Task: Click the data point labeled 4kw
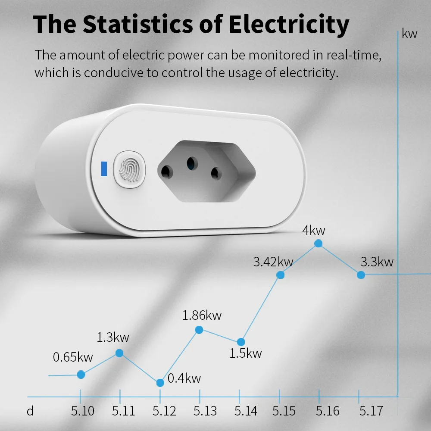pyautogui.click(x=319, y=244)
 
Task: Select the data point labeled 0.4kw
pyautogui.click(x=160, y=383)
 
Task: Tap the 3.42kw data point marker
pyautogui.click(x=280, y=275)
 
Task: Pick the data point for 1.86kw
pyautogui.click(x=199, y=330)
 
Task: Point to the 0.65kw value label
pyautogui.click(x=73, y=357)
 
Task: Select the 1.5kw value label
pyautogui.click(x=245, y=354)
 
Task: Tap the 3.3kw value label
pyautogui.click(x=377, y=262)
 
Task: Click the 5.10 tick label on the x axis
pyautogui.click(x=83, y=411)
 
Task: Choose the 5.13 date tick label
pyautogui.click(x=205, y=411)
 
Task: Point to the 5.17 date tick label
pyautogui.click(x=371, y=411)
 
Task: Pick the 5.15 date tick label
pyautogui.click(x=284, y=411)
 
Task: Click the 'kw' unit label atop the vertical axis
pyautogui.click(x=409, y=34)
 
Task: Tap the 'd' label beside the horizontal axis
pyautogui.click(x=30, y=411)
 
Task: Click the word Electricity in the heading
pyautogui.click(x=289, y=25)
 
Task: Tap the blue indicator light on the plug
pyautogui.click(x=103, y=169)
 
